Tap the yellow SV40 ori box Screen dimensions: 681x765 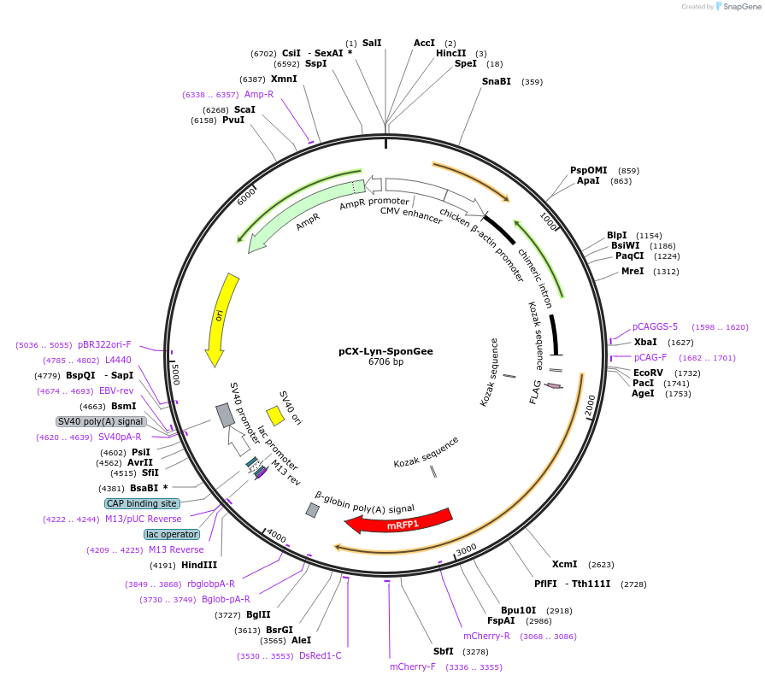[x=275, y=415]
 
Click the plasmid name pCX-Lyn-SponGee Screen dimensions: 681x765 [x=385, y=350]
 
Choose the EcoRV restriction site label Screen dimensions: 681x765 [x=650, y=373]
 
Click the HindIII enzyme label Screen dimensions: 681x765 [x=199, y=565]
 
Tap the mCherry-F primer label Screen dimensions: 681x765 [x=412, y=666]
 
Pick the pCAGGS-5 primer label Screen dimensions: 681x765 [x=655, y=326]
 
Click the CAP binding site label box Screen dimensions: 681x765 [x=142, y=503]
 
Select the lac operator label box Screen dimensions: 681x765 [x=171, y=534]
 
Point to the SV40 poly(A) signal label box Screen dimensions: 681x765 [x=101, y=421]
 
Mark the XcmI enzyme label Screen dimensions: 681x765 [x=564, y=564]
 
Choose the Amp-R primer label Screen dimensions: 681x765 [x=258, y=94]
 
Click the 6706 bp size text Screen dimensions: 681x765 [x=385, y=362]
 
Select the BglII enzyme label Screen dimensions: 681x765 [x=258, y=614]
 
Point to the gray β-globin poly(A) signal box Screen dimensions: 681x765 [x=313, y=510]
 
